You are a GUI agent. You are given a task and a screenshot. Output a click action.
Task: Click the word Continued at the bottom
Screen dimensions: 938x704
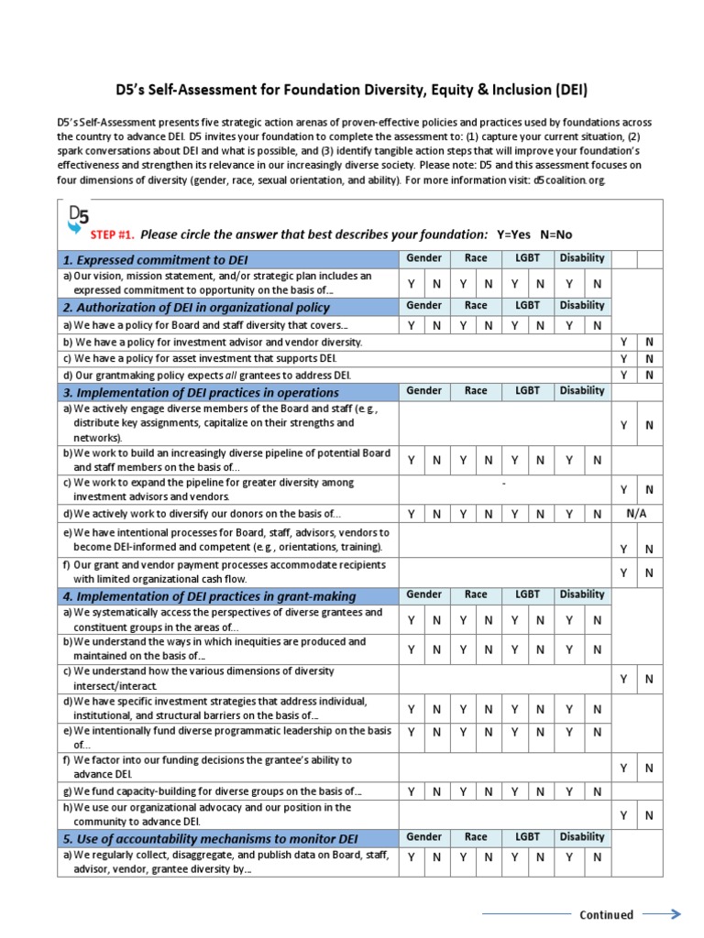606,914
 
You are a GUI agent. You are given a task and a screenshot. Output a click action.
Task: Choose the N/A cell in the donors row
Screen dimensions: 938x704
636,514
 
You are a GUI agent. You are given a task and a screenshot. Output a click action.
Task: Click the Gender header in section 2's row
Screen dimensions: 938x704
423,306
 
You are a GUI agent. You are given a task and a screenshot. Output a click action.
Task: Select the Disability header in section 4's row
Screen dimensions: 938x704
582,594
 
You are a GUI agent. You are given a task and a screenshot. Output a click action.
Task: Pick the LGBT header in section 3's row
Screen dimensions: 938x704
527,391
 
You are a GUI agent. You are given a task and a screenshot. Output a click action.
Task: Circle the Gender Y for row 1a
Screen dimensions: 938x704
412,284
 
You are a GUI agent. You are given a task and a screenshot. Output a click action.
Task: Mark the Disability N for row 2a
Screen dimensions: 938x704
597,325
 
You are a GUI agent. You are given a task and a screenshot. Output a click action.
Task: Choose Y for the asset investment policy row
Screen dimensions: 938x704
624,358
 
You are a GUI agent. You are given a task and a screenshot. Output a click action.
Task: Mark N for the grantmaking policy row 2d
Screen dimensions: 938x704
650,375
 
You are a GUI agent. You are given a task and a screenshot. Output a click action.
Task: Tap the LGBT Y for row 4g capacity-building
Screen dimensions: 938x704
515,791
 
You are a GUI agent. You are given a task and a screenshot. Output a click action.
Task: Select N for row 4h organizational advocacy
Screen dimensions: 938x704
650,815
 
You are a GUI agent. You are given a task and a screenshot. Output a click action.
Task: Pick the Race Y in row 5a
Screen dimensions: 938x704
463,857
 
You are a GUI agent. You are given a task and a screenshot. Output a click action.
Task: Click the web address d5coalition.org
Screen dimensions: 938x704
569,180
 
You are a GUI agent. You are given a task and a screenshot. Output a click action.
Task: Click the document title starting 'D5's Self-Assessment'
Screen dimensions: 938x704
351,91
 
